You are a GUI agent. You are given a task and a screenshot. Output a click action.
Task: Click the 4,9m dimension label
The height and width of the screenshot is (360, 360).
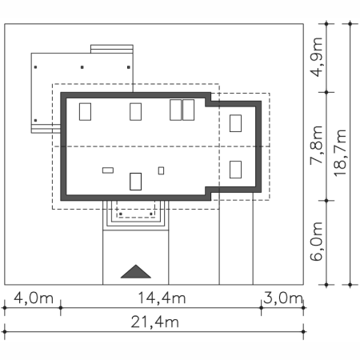tap(317, 57)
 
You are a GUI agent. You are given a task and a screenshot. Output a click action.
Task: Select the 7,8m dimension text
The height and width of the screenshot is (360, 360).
tap(317, 144)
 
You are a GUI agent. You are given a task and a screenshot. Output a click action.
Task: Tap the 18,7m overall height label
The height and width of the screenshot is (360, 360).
tap(340, 153)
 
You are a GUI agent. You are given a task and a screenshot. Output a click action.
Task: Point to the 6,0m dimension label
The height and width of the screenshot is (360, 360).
tap(317, 241)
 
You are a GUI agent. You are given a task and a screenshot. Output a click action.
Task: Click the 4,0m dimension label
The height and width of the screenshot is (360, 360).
tap(34, 298)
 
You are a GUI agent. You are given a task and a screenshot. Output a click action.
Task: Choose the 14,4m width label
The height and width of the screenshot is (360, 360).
tap(162, 298)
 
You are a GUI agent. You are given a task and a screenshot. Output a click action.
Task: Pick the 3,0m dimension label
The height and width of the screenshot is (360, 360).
tap(283, 298)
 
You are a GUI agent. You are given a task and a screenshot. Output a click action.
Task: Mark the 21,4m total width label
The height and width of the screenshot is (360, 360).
tap(155, 322)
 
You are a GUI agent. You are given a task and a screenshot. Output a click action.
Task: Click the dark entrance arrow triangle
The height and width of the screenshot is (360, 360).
tap(136, 271)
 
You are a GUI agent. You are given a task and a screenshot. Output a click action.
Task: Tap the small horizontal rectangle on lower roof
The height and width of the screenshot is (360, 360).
tap(108, 170)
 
